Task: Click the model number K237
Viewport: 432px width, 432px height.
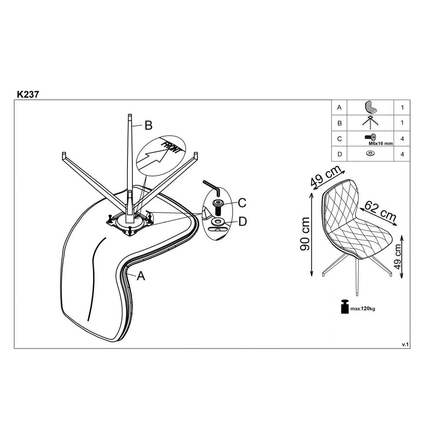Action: (x=28, y=94)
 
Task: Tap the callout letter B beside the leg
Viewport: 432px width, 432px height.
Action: (x=149, y=125)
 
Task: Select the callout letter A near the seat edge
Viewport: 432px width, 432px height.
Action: (x=141, y=276)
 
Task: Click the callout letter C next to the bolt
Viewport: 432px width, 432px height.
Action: (x=242, y=203)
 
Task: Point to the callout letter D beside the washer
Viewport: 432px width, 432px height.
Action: (x=242, y=221)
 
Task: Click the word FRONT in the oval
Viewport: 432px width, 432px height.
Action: (x=171, y=148)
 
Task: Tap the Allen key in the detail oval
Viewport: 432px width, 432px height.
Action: (x=211, y=187)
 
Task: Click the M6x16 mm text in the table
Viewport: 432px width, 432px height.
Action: (x=381, y=143)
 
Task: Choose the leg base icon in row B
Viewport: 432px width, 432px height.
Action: (x=370, y=123)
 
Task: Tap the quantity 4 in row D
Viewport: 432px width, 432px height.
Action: (x=402, y=154)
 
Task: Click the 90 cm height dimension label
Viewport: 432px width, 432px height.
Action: (x=305, y=234)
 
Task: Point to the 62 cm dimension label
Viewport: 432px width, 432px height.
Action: (x=381, y=210)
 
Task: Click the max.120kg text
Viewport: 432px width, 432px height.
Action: (x=362, y=308)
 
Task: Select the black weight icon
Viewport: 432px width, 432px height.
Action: (x=344, y=306)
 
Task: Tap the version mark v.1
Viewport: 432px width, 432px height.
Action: (x=405, y=344)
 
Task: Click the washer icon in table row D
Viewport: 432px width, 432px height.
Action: (x=370, y=153)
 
